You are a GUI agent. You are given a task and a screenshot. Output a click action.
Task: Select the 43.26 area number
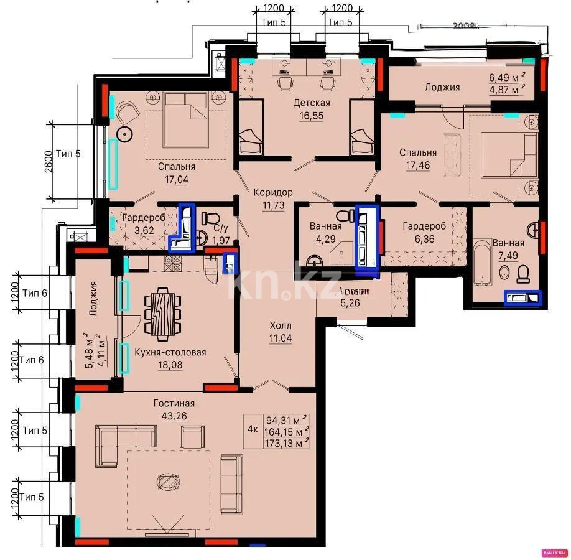click(170, 416)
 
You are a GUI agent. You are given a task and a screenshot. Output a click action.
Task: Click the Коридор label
click(272, 192)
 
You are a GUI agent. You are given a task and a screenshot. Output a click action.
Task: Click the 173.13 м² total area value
click(287, 442)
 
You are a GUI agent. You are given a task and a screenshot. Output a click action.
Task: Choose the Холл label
click(280, 325)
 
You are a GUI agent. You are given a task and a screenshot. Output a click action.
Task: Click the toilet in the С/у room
click(210, 219)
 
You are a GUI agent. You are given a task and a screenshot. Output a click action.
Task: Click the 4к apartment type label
click(253, 429)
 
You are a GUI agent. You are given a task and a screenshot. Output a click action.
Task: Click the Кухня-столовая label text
click(170, 352)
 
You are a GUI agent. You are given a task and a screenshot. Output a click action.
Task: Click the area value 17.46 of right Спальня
click(418, 165)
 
